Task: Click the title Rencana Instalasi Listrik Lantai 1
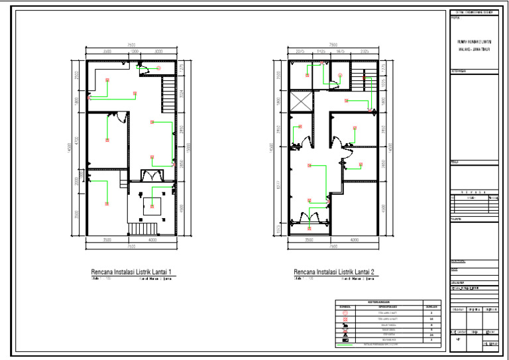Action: click(x=132, y=272)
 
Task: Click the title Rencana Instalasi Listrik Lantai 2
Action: click(x=335, y=272)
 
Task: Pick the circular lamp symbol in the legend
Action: click(x=345, y=312)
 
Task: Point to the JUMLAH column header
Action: click(x=431, y=306)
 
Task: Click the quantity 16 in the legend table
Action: click(x=431, y=319)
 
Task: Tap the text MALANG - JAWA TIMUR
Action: click(x=473, y=49)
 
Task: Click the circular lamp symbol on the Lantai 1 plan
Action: click(x=158, y=69)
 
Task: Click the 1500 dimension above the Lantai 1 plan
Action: click(x=133, y=50)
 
